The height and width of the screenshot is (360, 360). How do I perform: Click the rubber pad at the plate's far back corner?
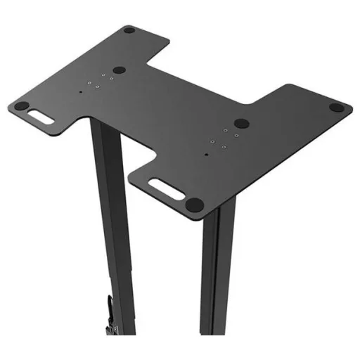129,30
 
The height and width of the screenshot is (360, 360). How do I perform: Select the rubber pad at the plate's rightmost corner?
337,108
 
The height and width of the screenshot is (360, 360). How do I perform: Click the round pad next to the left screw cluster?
120,70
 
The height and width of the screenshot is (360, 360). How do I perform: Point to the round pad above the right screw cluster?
241,122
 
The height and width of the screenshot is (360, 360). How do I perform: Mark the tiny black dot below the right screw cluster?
206,153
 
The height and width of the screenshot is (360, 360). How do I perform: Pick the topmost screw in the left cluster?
104,72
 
